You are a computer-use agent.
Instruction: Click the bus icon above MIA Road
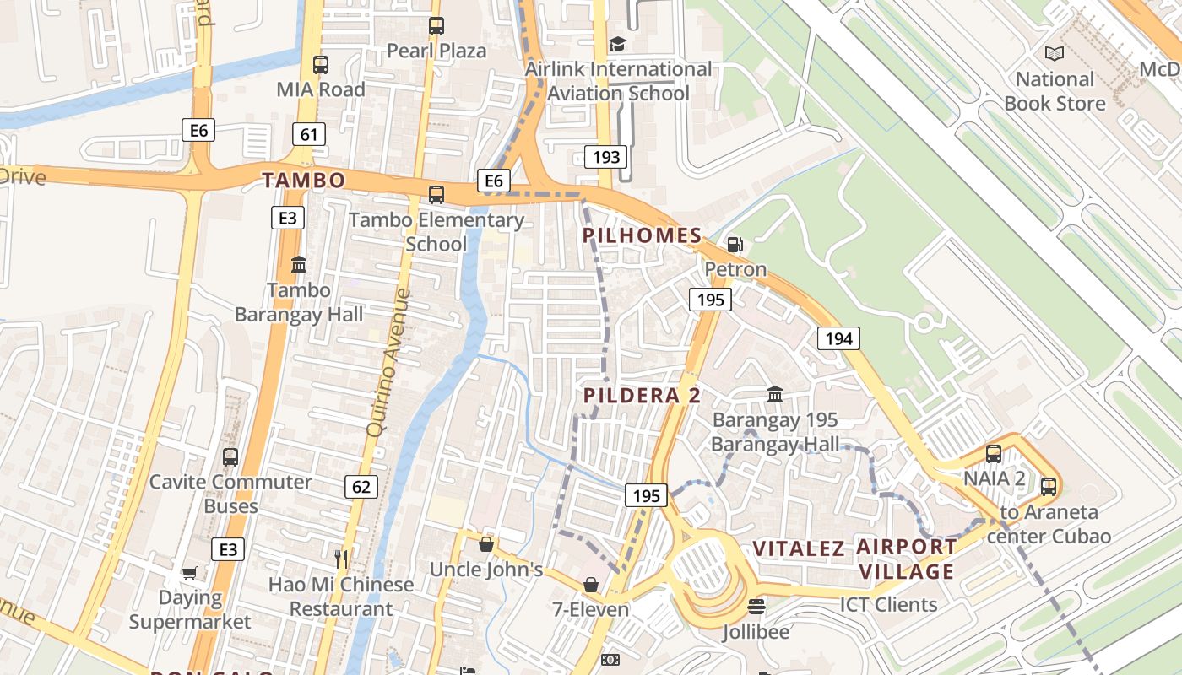point(320,64)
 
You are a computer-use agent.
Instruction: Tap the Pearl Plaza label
point(436,51)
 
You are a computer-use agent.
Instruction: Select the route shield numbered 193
point(606,156)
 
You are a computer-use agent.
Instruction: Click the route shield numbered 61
point(309,134)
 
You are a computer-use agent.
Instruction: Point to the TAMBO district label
point(303,180)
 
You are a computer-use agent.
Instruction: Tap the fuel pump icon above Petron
point(735,245)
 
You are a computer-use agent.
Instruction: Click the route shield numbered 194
point(838,338)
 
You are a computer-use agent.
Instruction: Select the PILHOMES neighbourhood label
point(643,235)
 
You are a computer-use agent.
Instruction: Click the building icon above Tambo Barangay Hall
point(299,265)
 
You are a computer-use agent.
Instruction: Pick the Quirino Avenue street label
point(390,363)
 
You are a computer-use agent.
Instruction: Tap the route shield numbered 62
point(361,486)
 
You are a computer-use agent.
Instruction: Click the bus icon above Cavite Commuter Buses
point(230,457)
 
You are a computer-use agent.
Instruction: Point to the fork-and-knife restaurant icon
point(341,558)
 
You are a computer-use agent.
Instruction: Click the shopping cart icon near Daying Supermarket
point(190,573)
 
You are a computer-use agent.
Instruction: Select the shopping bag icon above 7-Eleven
point(591,585)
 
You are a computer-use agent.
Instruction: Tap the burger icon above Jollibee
point(756,607)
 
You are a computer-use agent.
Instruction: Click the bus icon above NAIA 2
point(994,454)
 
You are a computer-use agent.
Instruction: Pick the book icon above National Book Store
point(1055,54)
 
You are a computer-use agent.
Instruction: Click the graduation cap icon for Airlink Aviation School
point(618,44)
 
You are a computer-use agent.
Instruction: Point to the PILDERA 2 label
point(642,396)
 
